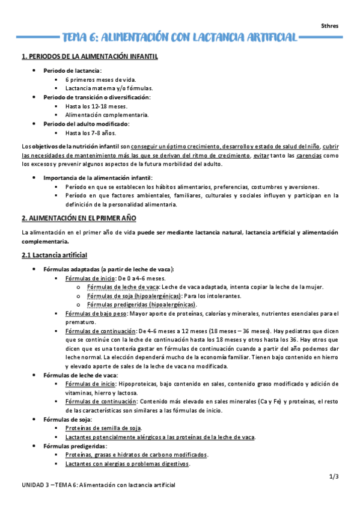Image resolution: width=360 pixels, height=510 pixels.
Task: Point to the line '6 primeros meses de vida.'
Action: pyautogui.click(x=100, y=79)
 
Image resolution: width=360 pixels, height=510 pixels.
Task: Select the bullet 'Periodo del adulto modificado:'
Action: pyautogui.click(x=86, y=124)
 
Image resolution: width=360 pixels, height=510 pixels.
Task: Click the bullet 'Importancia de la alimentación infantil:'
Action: pyautogui.click(x=98, y=177)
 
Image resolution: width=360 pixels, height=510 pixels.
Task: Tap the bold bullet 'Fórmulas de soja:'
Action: pyautogui.click(x=68, y=419)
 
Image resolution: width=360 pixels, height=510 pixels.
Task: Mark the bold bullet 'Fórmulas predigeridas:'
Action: pyautogui.click(x=75, y=446)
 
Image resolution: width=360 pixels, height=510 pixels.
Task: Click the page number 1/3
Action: pyautogui.click(x=334, y=477)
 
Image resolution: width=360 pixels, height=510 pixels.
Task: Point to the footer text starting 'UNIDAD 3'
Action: pyautogui.click(x=98, y=485)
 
